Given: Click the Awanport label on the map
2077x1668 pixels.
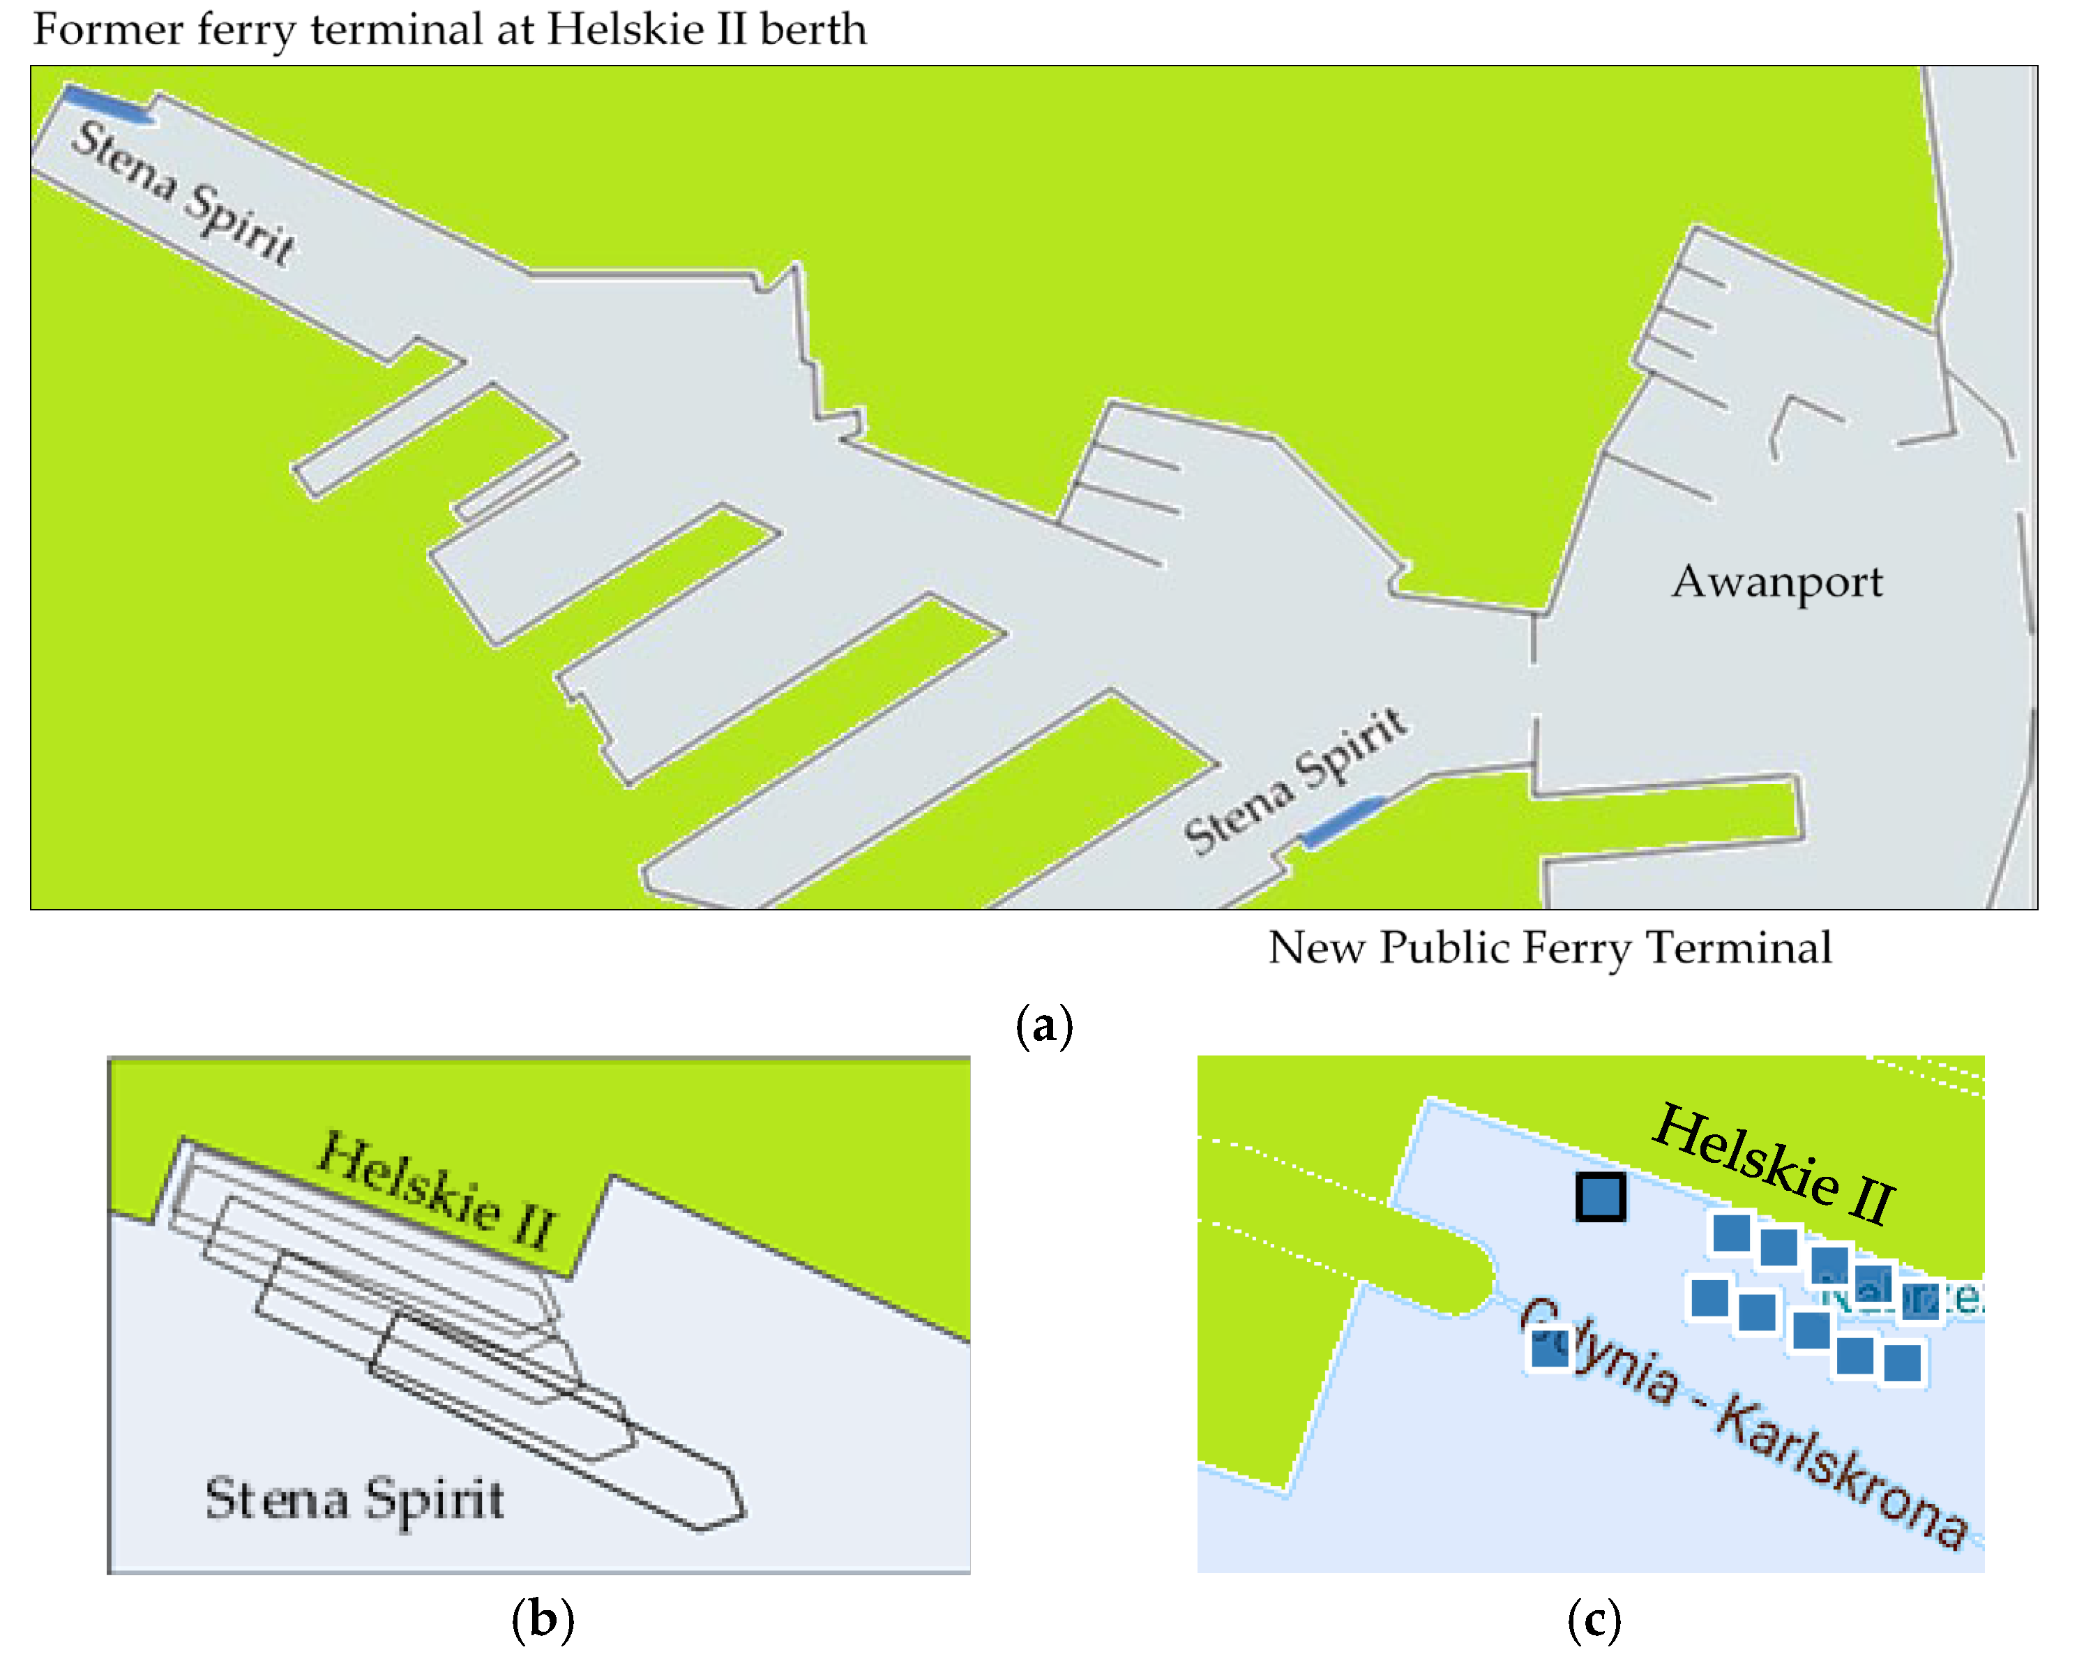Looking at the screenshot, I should [1776, 581].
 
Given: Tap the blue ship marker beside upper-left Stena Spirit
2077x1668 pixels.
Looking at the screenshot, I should [107, 103].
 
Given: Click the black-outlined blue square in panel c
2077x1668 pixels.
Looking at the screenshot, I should [1600, 1197].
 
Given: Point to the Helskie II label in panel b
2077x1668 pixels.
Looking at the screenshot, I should [437, 1190].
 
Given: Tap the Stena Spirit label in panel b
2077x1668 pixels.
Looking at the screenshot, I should [354, 1499].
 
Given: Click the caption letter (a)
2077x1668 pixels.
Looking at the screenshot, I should [1043, 1025].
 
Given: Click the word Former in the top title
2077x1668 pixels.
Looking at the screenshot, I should [107, 29].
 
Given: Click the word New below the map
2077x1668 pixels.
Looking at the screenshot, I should [1315, 947].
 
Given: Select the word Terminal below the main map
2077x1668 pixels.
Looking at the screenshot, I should [1738, 947].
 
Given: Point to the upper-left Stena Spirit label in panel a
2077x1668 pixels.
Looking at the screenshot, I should [183, 193].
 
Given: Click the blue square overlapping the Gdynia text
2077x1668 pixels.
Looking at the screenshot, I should [1550, 1347].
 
